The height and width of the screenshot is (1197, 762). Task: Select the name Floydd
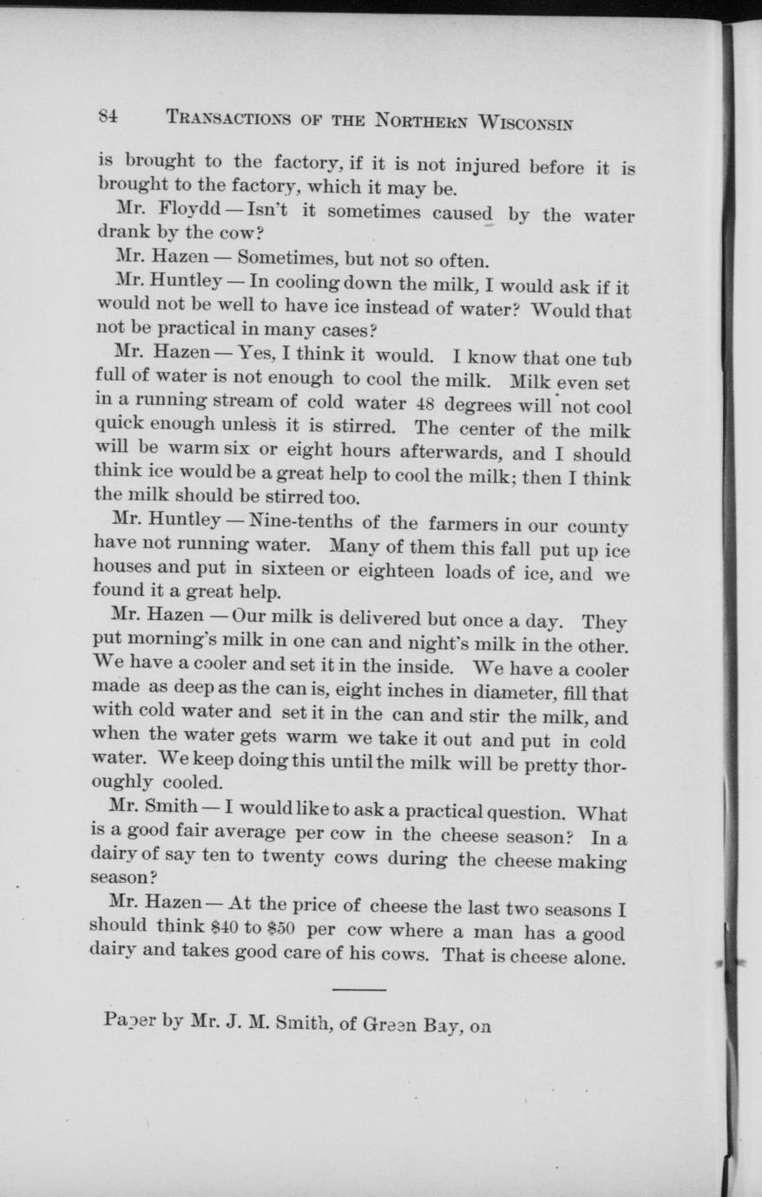(x=192, y=211)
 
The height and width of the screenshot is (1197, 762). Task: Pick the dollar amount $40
(x=223, y=927)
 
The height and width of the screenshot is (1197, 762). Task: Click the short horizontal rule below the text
(x=358, y=989)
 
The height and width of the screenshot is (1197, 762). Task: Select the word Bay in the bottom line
(x=441, y=1025)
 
